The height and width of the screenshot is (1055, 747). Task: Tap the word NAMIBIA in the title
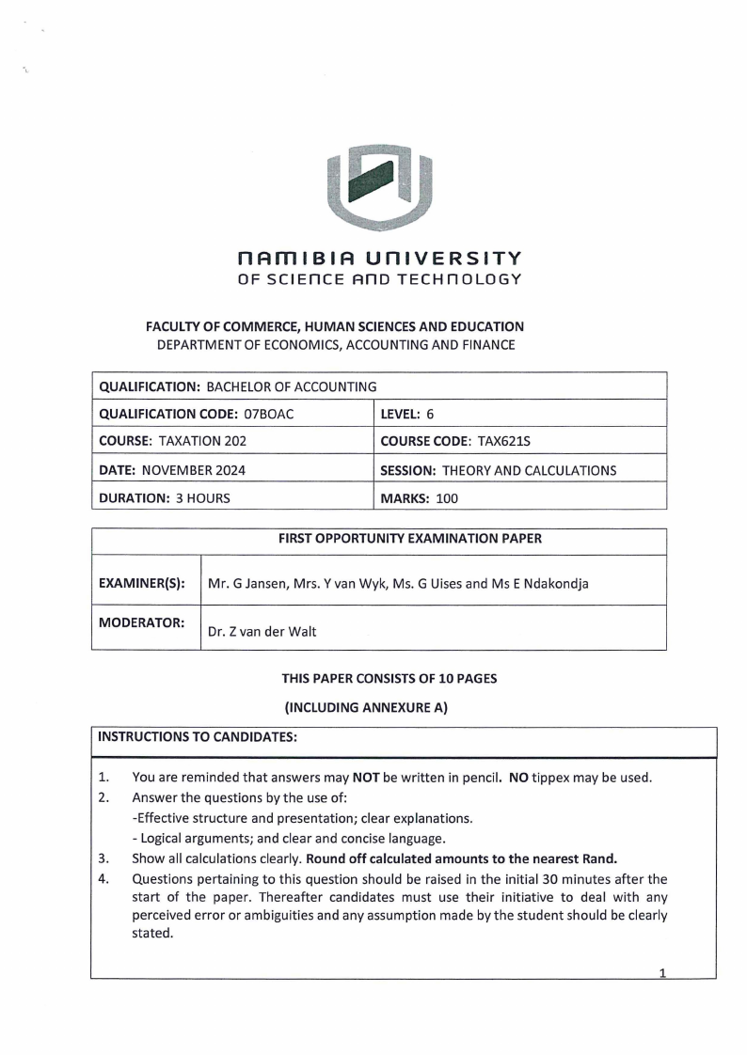[x=303, y=258]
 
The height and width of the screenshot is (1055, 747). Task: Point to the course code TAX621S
[x=485, y=441]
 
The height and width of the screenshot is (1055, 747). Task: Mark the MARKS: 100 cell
[x=419, y=497]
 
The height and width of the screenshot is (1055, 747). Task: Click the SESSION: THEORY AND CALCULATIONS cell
[x=498, y=469]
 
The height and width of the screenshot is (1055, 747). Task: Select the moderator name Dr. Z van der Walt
[x=262, y=632]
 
